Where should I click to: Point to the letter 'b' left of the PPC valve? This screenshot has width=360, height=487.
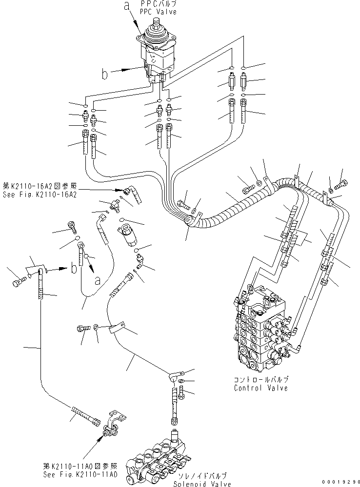tap(104, 74)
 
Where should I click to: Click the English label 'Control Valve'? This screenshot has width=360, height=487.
tap(260, 388)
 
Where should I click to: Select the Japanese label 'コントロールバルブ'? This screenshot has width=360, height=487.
tap(260, 379)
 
